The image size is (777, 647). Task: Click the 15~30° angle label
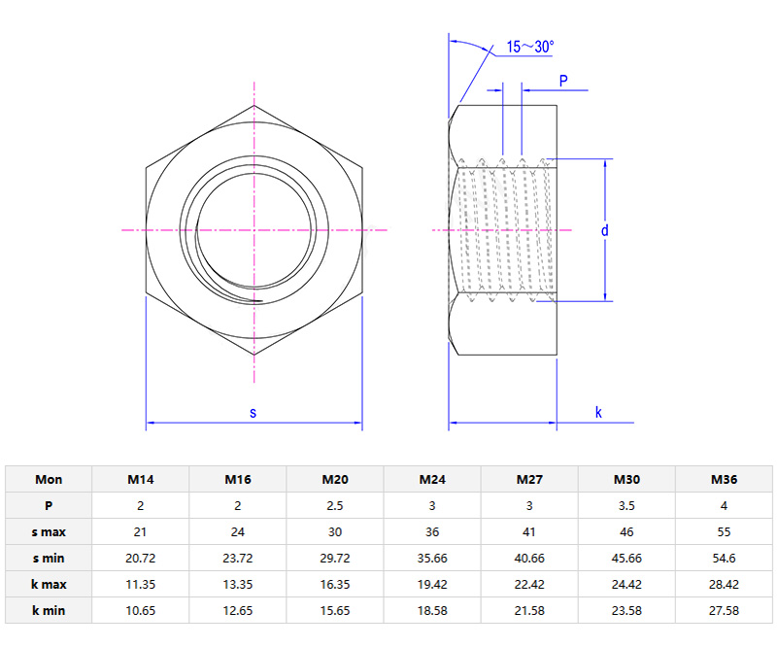[x=529, y=46]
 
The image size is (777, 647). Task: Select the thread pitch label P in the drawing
[x=562, y=80]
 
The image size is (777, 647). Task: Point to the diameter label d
[x=603, y=230]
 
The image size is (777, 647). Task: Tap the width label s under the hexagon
[x=253, y=412]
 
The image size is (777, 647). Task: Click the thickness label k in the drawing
[x=598, y=412]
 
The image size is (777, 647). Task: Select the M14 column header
[x=141, y=479]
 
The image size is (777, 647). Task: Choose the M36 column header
[x=724, y=479]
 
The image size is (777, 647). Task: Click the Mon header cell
[x=49, y=479]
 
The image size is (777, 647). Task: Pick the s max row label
[x=49, y=531]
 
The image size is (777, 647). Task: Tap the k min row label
[x=49, y=609]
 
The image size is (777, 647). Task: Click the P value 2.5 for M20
[x=335, y=505]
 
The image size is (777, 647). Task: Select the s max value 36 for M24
[x=432, y=531]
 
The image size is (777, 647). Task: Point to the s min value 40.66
[x=529, y=558]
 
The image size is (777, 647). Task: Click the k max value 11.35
[x=141, y=584]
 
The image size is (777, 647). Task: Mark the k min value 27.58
[x=724, y=609]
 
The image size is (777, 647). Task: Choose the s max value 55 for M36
[x=724, y=531]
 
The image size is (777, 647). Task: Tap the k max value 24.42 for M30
[x=626, y=584]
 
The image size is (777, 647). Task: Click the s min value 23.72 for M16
[x=238, y=558]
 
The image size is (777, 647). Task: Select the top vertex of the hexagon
[x=254, y=105]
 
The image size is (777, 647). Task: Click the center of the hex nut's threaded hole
[x=254, y=229]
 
